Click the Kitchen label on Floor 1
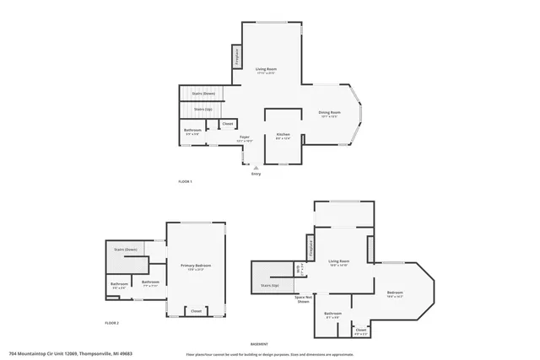pos(283,136)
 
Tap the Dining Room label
pos(329,114)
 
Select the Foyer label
pos(244,138)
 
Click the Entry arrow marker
pos(255,167)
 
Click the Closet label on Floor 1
pos(227,124)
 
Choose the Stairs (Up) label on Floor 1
pos(202,109)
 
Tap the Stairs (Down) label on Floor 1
pos(203,93)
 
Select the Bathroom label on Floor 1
pos(192,132)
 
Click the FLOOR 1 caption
pos(185,182)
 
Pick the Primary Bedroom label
pos(196,267)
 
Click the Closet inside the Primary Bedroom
pos(196,310)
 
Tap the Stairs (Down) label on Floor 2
pos(125,250)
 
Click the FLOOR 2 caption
pos(111,323)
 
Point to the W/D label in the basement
pos(298,270)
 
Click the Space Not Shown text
pos(304,299)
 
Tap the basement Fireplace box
pos(311,249)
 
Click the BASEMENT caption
pos(260,344)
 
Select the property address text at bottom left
pos(71,353)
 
